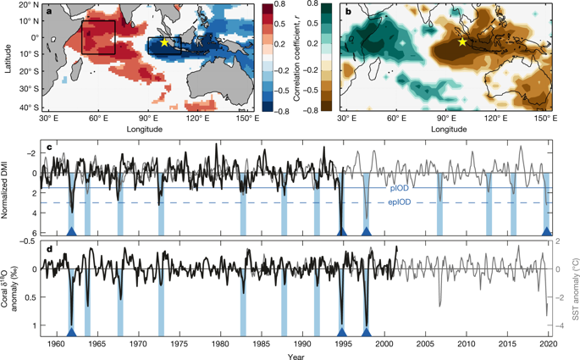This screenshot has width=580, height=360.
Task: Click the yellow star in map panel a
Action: (164, 42)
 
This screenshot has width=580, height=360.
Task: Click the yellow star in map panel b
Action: (462, 42)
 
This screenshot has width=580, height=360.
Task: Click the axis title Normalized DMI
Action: (8, 188)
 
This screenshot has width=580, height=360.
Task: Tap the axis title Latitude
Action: (7, 57)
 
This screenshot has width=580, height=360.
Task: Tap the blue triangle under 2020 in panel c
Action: (548, 231)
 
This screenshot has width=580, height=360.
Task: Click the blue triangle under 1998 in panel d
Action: (367, 331)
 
